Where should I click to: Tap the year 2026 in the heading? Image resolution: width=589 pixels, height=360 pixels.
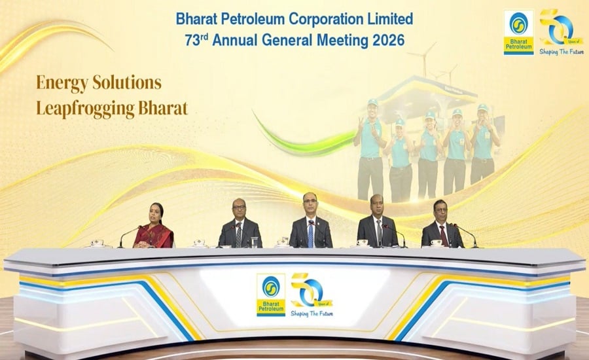tap(388, 40)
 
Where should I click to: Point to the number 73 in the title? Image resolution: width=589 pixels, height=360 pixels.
tap(192, 40)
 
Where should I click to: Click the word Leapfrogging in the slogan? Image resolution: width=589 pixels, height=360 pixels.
tap(85, 109)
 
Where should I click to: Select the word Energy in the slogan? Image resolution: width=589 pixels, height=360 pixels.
tap(62, 83)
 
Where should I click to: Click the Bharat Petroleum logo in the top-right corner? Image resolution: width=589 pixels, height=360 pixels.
tap(519, 33)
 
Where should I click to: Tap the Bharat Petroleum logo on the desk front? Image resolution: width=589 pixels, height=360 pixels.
tap(271, 295)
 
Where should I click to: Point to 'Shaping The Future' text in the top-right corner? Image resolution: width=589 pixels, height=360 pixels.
tap(562, 52)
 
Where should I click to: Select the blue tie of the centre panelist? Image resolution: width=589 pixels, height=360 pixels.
tap(311, 234)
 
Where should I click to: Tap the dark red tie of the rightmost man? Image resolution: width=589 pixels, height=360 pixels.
tap(444, 236)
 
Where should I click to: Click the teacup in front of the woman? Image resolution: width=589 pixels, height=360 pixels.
tap(97, 243)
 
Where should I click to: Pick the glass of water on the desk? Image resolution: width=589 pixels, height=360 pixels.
tap(255, 242)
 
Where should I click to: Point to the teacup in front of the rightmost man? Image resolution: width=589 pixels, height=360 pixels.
tap(436, 243)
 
